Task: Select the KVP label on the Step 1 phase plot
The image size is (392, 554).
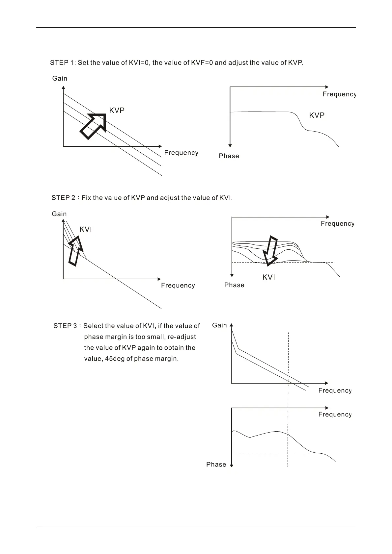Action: (317, 115)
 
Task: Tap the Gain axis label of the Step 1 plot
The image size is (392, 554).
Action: (60, 78)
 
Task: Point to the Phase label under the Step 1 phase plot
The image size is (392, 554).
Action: (229, 156)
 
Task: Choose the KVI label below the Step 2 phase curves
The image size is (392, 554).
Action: (268, 277)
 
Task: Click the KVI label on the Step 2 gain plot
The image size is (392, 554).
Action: (86, 229)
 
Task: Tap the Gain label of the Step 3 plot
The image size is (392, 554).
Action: (219, 325)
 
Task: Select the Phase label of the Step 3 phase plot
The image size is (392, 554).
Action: (216, 464)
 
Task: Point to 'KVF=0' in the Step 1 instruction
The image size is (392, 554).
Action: (202, 63)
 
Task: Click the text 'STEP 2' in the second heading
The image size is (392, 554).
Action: (63, 198)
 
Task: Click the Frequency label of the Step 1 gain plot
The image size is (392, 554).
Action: (181, 153)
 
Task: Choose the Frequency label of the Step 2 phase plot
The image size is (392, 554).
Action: (337, 224)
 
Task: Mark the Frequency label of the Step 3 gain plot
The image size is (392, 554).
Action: (335, 390)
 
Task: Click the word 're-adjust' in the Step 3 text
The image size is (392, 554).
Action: (182, 337)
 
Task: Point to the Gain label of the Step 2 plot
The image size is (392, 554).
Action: (59, 214)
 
